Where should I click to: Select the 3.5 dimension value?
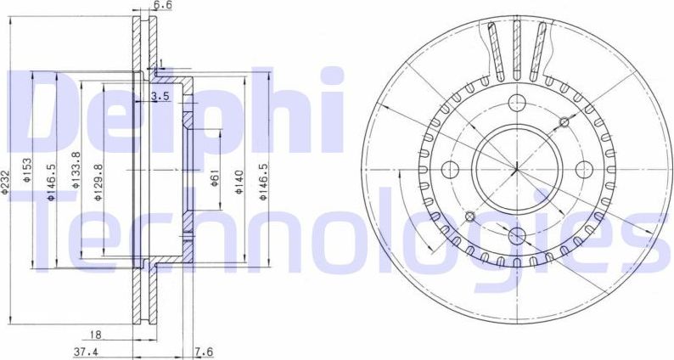coord(160,97)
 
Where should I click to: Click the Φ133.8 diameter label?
coord(76,170)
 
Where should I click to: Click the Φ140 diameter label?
coord(240,182)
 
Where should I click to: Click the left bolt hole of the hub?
coord(451,167)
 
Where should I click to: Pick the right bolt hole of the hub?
coord(582,167)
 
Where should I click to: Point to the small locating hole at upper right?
coord(563,122)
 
